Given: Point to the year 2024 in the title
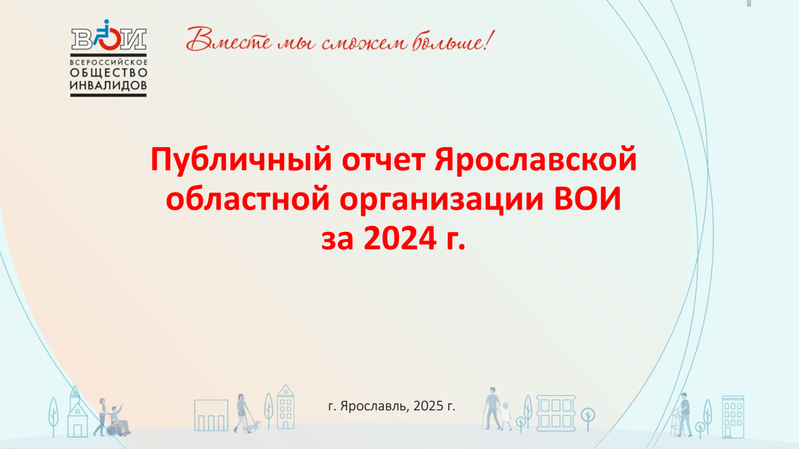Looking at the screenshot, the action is pos(400,238).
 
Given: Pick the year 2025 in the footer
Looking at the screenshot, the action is pos(428,406).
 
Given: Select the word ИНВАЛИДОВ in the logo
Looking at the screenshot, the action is pos(108,85).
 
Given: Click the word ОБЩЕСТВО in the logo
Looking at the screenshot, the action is pos(109,73).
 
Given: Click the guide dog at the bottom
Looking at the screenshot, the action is pos(253,427).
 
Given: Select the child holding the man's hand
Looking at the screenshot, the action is pos(506,417).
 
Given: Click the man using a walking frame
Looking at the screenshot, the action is pos(683,415).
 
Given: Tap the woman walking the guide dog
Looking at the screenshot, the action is pos(242,413).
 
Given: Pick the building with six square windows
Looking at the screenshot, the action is pos(556,413).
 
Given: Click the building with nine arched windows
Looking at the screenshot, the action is pos(733,417).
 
